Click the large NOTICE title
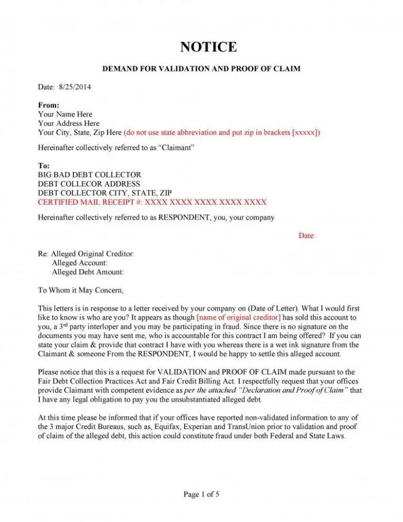208,47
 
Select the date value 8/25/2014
74,87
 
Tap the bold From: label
48,105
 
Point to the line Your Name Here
65,114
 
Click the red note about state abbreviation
222,132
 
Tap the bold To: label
44,165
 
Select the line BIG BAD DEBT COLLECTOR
89,174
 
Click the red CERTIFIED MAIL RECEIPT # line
152,202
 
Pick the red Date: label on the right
307,236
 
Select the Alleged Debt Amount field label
88,272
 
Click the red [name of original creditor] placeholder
238,317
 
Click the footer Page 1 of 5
201,494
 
